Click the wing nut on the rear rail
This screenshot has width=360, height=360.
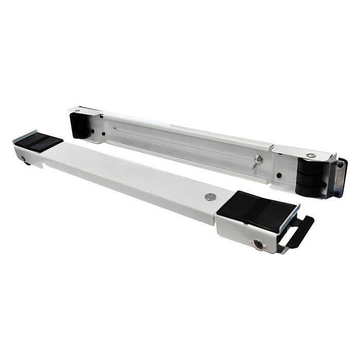coord(258,161)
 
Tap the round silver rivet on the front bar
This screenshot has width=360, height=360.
coord(210,196)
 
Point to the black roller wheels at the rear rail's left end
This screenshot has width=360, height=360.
coord(80,125)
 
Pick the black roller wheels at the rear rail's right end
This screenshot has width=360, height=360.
coord(309,177)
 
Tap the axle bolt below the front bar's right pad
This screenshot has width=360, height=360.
coord(259,244)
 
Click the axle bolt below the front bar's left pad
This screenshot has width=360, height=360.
coord(24,159)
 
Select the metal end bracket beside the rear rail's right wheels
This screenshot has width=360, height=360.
coord(337,178)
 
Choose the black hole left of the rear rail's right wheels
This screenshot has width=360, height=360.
coord(279,175)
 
